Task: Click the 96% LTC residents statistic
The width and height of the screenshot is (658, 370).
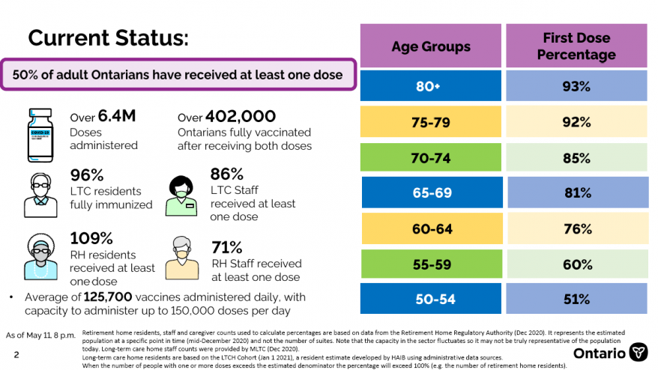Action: (x=87, y=175)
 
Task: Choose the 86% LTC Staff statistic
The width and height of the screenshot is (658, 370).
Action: (x=226, y=175)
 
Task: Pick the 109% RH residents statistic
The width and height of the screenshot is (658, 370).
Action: (x=91, y=238)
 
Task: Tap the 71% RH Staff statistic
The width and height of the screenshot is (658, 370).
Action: (x=227, y=247)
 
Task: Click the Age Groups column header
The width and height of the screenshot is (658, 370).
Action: (x=431, y=46)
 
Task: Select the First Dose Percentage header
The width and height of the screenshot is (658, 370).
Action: (x=576, y=46)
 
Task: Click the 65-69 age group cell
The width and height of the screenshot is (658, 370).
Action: (x=432, y=193)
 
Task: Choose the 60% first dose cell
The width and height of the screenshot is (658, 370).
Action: (x=576, y=264)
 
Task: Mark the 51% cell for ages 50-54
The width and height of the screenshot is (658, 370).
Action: (x=576, y=300)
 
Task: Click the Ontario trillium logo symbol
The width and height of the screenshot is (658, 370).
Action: (x=639, y=352)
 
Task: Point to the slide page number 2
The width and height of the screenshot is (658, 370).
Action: (x=16, y=354)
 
